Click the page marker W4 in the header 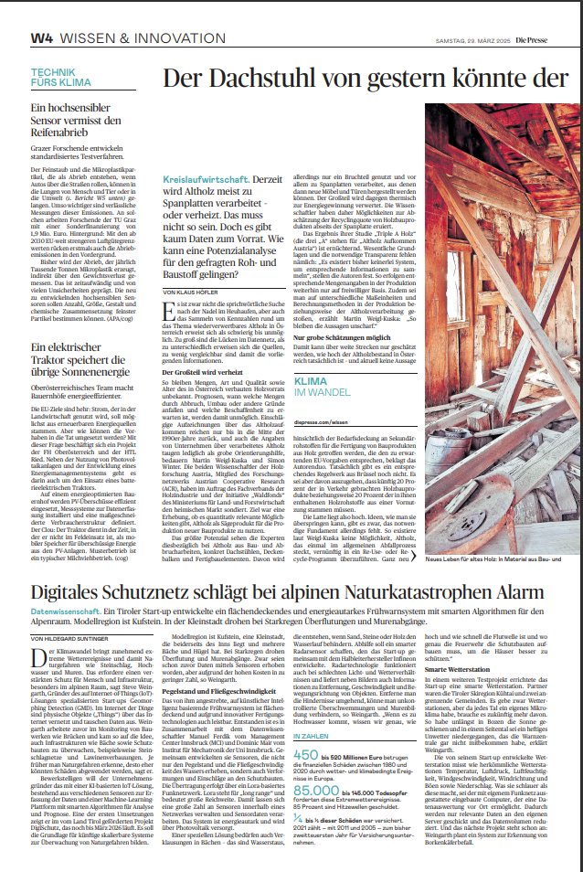[x=41, y=39]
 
